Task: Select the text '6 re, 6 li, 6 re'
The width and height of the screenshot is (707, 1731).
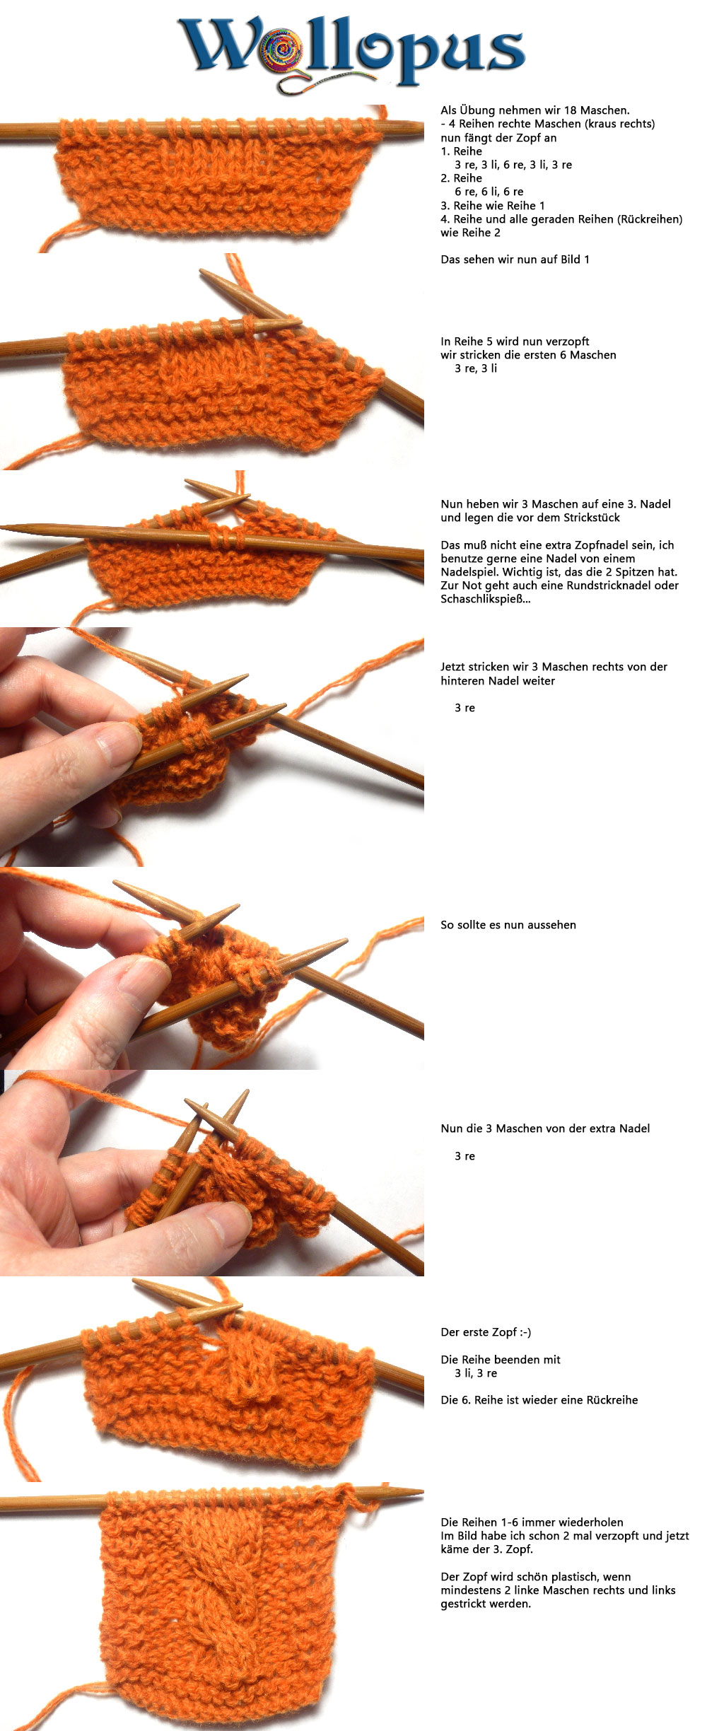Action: (489, 192)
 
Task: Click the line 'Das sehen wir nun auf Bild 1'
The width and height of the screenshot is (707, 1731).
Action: (515, 260)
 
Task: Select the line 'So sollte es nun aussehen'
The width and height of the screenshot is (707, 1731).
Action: (508, 925)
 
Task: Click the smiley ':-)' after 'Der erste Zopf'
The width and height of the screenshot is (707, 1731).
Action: (525, 1332)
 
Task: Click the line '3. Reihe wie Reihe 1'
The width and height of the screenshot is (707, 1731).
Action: (493, 206)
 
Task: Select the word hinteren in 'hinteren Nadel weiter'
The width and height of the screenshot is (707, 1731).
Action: (462, 681)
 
